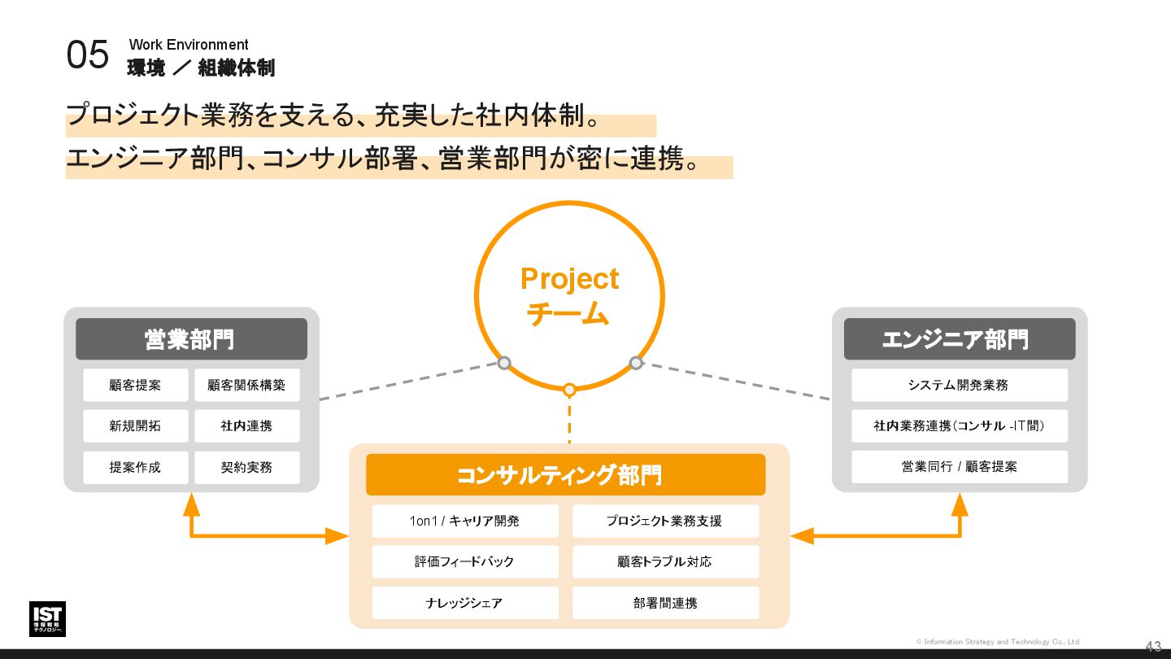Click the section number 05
coord(87,55)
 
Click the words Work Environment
coord(189,45)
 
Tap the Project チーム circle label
coord(569,295)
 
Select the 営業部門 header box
coord(191,339)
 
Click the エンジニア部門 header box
coord(959,339)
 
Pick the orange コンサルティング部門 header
coord(565,475)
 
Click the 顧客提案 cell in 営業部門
coord(135,386)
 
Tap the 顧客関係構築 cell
coord(246,386)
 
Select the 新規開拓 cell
coord(135,426)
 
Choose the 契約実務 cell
coord(246,468)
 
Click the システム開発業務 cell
coord(959,386)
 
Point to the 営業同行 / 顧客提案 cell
coord(959,467)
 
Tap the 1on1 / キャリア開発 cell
coord(465,521)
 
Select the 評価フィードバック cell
coord(465,562)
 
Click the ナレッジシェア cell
coord(465,604)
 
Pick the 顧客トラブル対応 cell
coord(665,562)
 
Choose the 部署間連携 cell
coord(665,604)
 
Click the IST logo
coord(47,619)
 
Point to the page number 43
coord(1153,647)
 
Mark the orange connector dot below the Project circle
coord(569,390)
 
